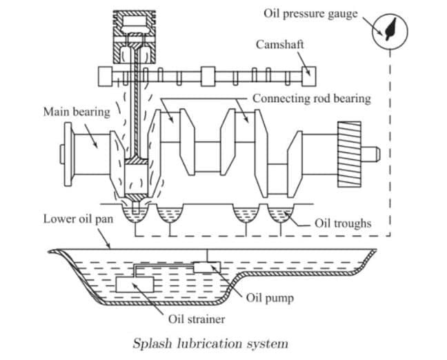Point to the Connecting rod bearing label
point(311,99)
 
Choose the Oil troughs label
point(343,223)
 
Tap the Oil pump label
point(269,298)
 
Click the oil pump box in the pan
point(206,266)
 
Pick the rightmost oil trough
point(280,215)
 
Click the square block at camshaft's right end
point(310,72)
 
